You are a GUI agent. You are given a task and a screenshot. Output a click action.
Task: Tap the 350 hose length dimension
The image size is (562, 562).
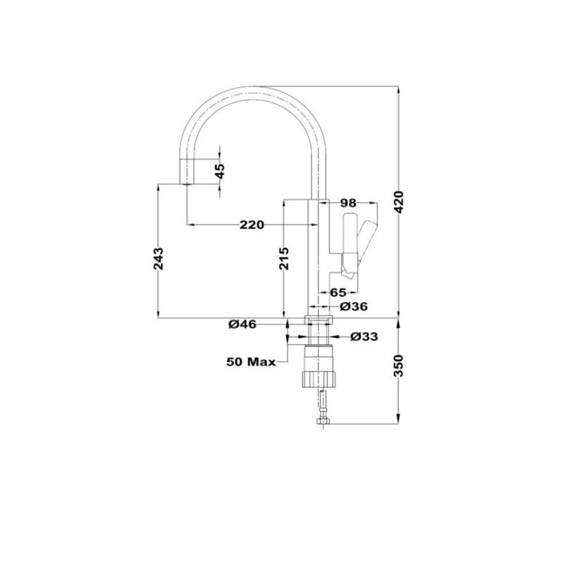[x=398, y=366]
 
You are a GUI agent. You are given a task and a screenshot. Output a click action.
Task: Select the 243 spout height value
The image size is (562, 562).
[x=158, y=259]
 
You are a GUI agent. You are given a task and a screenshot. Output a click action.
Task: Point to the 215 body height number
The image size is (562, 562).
[x=284, y=259]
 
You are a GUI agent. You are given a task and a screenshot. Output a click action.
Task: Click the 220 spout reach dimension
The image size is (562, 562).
[x=251, y=225]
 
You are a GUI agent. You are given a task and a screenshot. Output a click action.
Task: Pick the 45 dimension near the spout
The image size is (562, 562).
[x=221, y=171]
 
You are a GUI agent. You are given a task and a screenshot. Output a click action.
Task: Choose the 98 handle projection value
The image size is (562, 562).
[x=348, y=203]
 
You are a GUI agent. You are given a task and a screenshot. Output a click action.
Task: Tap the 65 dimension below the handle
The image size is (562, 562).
[x=338, y=292]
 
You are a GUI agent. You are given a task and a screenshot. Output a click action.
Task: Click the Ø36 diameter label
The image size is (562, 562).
[x=353, y=306]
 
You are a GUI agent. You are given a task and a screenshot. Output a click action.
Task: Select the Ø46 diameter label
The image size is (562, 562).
[x=242, y=325]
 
